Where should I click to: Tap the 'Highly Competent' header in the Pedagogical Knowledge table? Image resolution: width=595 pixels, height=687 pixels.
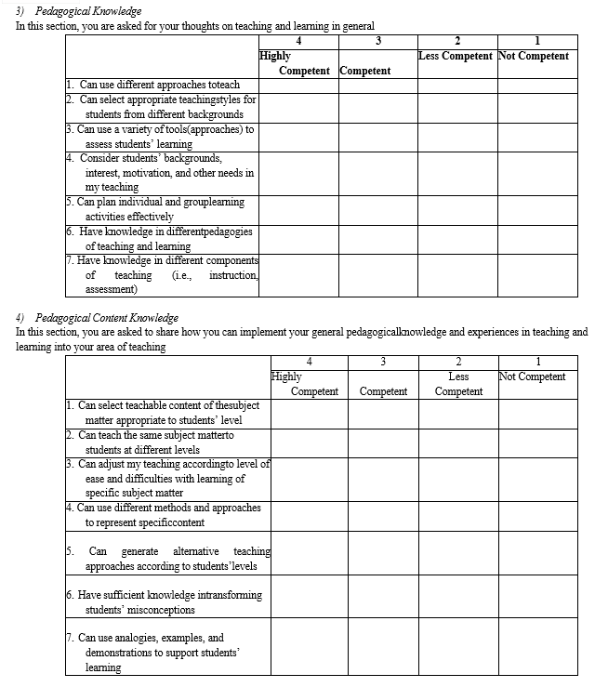pos(297,63)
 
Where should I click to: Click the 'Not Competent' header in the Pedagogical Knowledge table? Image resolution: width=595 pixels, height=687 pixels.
pos(534,56)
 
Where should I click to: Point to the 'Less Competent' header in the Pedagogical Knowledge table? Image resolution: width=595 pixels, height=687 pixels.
pos(456,56)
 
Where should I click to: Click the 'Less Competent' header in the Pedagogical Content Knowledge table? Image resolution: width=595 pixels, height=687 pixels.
pos(458,384)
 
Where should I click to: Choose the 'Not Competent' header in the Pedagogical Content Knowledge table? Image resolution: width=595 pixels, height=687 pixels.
pos(533,377)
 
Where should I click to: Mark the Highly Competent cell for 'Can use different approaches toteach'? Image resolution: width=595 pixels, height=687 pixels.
pos(297,85)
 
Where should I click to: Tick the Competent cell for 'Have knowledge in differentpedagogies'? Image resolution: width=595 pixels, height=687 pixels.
pos(377,239)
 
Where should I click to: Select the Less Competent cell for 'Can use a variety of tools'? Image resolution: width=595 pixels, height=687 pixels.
pos(456,137)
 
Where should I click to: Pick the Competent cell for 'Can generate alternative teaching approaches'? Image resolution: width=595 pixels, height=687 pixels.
pos(383,558)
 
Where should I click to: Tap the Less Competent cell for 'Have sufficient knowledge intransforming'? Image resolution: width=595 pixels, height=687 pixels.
pos(458,601)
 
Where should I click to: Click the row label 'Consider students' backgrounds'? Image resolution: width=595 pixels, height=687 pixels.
pos(150,159)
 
